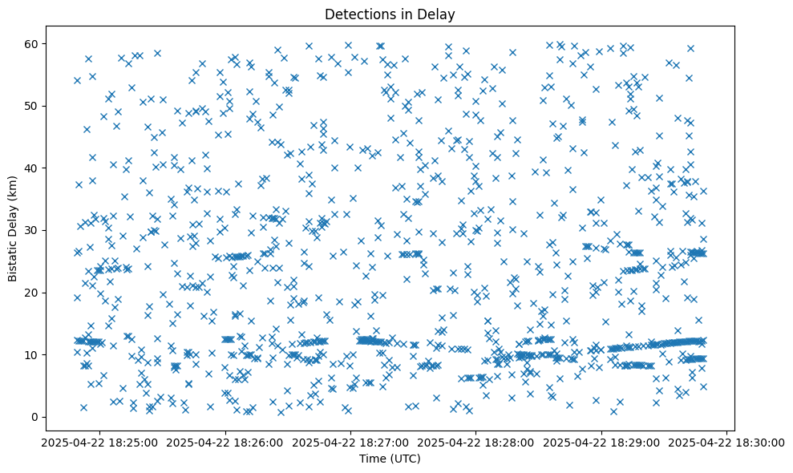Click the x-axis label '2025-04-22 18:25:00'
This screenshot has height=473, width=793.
tap(100, 442)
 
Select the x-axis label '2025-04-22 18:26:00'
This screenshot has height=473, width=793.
tap(225, 442)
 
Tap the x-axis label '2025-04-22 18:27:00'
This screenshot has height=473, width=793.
tap(350, 442)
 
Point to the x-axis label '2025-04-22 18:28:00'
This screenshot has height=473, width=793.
tap(475, 442)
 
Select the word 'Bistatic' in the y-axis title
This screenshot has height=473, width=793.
tap(13, 260)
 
